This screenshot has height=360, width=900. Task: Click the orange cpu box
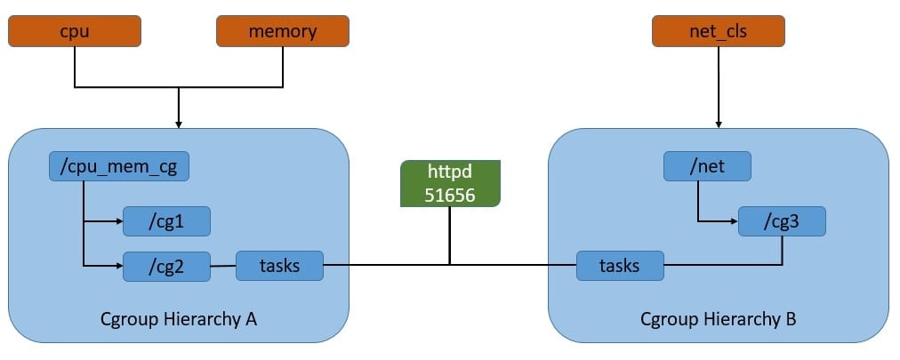75,32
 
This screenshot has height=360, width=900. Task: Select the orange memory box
283,32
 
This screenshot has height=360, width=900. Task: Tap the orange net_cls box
718,32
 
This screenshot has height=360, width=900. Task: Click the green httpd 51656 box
449,184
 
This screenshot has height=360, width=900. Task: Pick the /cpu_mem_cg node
118,165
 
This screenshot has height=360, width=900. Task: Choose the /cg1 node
165,220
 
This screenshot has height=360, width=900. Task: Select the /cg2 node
165,265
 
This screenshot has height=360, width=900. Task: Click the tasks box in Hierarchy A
279,265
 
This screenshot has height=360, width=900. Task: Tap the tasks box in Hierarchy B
620,265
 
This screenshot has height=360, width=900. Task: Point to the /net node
707,165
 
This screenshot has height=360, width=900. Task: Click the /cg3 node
782,220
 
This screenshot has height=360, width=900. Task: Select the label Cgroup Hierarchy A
178,318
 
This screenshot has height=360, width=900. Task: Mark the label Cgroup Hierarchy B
719,318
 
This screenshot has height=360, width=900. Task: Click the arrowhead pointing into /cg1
118,220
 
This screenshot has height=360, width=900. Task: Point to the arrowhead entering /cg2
118,265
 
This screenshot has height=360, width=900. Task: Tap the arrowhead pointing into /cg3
734,220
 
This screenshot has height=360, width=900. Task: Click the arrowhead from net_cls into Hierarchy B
718,124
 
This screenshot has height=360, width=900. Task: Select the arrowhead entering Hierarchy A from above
179,124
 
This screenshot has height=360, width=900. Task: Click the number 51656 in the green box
449,195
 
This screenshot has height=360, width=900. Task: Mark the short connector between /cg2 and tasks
222,265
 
